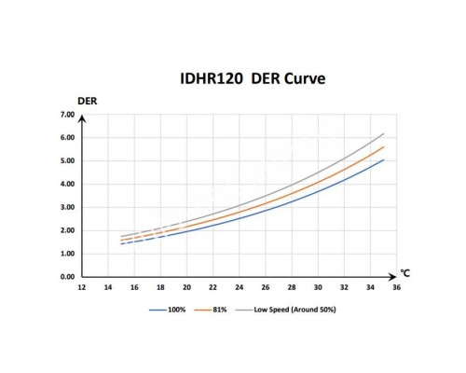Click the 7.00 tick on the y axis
coord(66,115)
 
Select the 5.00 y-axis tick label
coord(66,160)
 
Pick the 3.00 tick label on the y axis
coord(66,207)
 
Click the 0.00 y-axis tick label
coord(66,277)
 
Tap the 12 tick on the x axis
coord(82,288)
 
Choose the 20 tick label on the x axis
coord(186,288)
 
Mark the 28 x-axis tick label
coord(292,288)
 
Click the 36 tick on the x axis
coord(397,288)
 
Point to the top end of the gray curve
coord(383,133)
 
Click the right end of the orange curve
coord(383,146)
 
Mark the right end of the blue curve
coord(383,159)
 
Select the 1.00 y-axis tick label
coord(66,254)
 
